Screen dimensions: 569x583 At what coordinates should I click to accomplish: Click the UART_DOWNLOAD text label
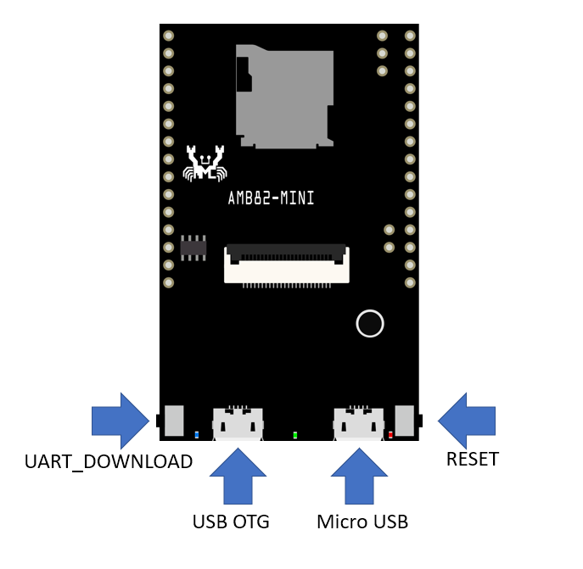(x=109, y=461)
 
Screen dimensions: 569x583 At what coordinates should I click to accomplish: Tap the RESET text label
(x=473, y=459)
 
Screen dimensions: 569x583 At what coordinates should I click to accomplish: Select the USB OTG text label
(x=231, y=522)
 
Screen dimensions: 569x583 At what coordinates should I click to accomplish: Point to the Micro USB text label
(x=362, y=522)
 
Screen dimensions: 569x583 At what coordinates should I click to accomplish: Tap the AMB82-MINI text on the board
(x=272, y=198)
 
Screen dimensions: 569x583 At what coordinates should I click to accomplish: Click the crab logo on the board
(x=205, y=163)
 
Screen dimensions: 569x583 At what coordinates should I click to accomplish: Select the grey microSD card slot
(x=285, y=96)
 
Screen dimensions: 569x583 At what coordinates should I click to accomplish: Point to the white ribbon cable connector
(x=287, y=265)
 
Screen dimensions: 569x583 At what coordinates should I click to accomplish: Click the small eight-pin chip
(x=194, y=248)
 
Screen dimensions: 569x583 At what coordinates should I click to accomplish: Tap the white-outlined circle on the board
(x=370, y=323)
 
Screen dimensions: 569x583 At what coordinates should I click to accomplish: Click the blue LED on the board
(x=197, y=435)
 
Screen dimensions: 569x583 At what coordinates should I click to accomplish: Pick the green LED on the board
(x=295, y=435)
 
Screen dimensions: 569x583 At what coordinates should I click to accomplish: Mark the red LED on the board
(x=390, y=435)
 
